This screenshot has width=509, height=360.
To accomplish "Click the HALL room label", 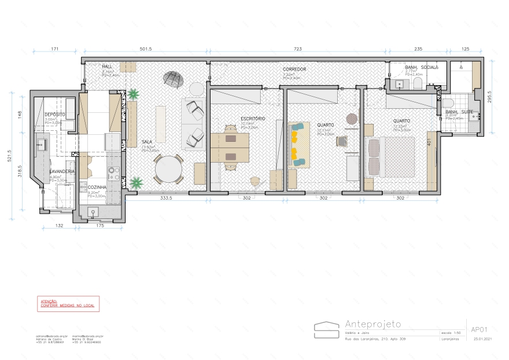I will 108,67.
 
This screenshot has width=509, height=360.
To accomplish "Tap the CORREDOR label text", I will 294,69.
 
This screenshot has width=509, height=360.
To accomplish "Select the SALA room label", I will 147,142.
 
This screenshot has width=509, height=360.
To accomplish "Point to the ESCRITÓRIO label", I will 253,119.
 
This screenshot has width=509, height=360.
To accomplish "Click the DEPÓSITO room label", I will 55,115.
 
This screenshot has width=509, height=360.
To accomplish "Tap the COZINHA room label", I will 97,188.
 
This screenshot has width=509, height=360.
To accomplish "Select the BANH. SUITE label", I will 458,112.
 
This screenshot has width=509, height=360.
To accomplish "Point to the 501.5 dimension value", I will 146,49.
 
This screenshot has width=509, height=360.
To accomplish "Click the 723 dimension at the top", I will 298,49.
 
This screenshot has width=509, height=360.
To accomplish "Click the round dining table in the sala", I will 168,170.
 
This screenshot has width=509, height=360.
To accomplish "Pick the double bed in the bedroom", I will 393,157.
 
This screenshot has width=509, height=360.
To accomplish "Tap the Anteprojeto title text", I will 372,324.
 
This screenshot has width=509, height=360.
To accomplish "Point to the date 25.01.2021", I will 482,339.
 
